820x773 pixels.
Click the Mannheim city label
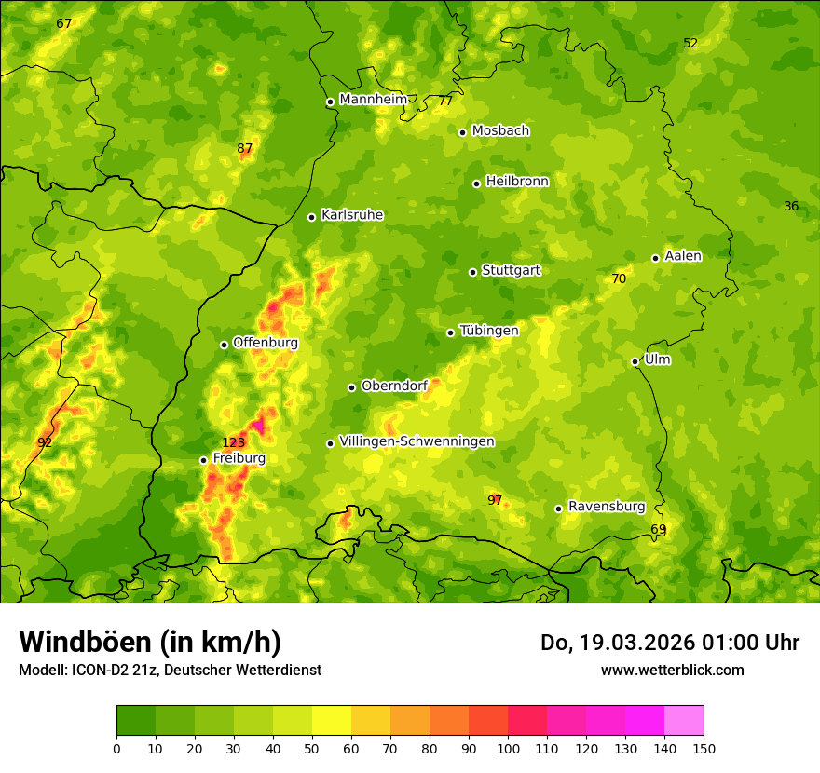click(374, 100)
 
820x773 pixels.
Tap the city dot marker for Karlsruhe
click(311, 217)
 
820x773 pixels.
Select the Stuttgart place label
click(511, 271)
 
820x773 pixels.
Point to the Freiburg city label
click(239, 458)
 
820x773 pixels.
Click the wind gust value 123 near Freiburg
click(233, 442)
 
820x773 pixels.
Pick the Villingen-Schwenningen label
click(417, 441)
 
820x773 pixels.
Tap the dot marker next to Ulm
click(635, 361)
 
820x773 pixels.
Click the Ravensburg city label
click(607, 507)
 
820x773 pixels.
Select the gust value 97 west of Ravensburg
click(495, 500)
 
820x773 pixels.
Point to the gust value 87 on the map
click(244, 148)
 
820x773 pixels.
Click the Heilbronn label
click(517, 182)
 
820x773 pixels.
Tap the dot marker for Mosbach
click(462, 132)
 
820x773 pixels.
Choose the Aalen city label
click(683, 256)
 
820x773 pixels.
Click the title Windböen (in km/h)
click(150, 642)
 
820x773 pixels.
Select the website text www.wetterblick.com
click(672, 670)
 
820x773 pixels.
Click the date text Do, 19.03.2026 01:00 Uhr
click(669, 643)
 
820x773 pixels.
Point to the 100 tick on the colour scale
click(508, 747)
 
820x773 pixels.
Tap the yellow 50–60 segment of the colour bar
click(332, 720)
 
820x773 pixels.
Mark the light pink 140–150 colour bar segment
click(684, 720)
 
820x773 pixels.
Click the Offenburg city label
click(266, 343)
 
